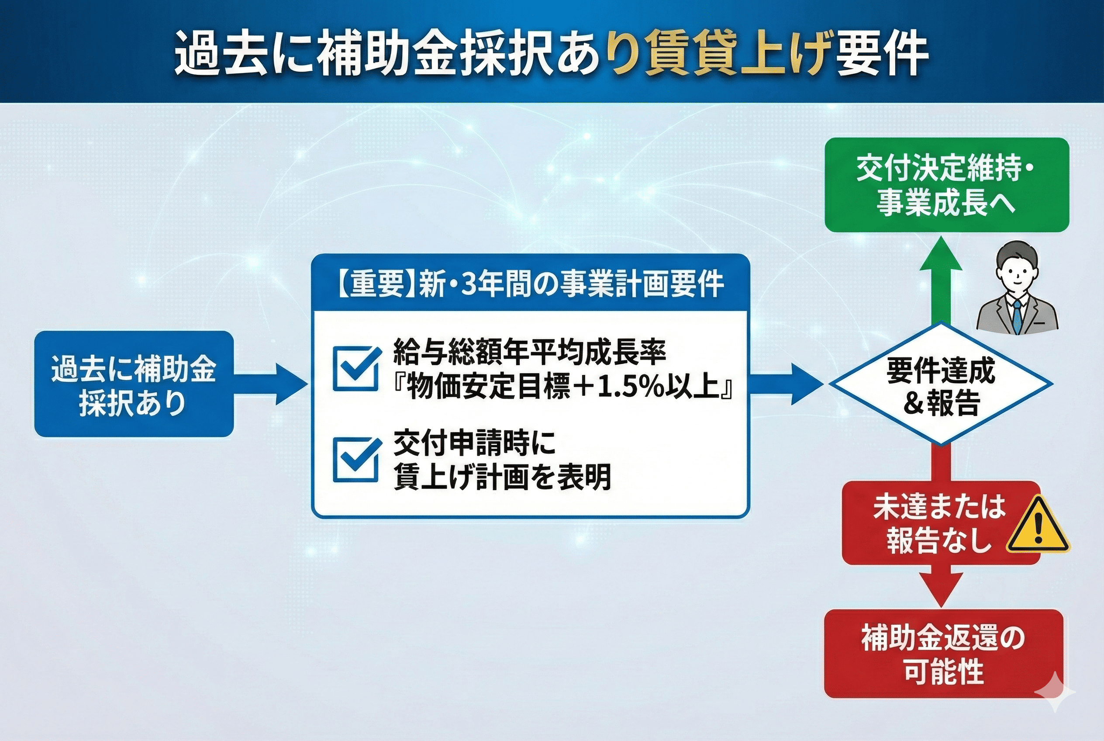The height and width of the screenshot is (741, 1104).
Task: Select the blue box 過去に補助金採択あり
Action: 134,384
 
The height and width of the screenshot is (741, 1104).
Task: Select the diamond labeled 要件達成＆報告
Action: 941,384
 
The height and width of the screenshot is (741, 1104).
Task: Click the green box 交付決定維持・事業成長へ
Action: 947,185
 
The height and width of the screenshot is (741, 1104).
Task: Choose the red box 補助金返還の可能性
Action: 943,654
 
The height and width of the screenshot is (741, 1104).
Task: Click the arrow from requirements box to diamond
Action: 787,384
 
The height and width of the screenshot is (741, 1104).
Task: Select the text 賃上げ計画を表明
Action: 502,476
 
